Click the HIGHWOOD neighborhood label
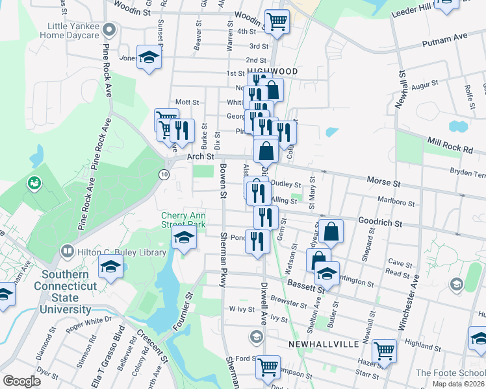pyautogui.click(x=272, y=71)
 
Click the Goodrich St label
pyautogui.click(x=380, y=223)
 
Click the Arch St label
pyautogui.click(x=200, y=157)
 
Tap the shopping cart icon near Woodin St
pyautogui.click(x=277, y=21)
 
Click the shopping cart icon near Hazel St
pyautogui.click(x=384, y=351)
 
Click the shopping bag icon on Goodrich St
pyautogui.click(x=331, y=231)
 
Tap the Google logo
pyautogui.click(x=22, y=381)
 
